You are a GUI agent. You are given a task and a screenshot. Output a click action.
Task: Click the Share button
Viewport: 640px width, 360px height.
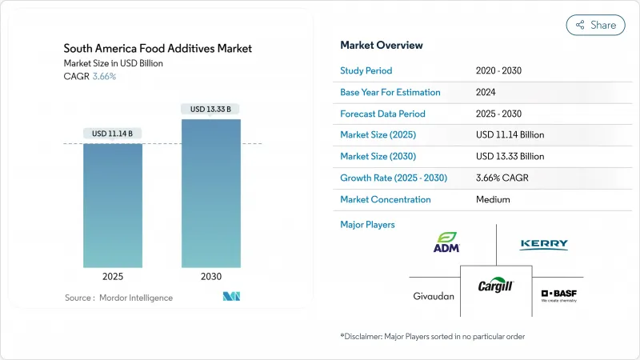[x=595, y=25]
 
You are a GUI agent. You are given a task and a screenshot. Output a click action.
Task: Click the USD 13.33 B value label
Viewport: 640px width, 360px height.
[x=210, y=109]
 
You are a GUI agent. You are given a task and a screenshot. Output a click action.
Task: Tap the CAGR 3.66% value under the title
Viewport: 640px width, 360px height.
[x=105, y=77]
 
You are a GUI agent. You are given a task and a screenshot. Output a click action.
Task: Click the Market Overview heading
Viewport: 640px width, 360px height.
[x=382, y=46]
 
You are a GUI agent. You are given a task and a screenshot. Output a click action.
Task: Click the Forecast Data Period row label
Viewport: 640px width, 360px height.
[x=382, y=114]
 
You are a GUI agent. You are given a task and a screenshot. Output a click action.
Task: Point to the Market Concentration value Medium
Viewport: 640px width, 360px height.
[x=494, y=199]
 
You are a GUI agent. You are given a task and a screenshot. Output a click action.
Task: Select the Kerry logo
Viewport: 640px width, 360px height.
[x=543, y=244]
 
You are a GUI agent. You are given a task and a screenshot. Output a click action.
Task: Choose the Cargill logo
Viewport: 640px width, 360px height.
[x=496, y=286]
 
